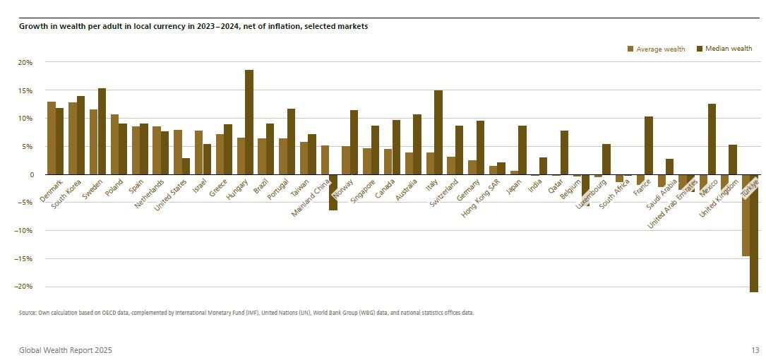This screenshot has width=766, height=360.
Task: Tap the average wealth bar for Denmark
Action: tap(51, 138)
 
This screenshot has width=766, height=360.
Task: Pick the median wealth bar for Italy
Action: tap(438, 132)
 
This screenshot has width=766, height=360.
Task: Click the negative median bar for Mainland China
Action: tap(333, 192)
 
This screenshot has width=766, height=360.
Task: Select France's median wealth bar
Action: tap(649, 145)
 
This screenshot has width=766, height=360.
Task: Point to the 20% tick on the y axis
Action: tap(25, 62)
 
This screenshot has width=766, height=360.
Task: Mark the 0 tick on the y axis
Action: tap(30, 174)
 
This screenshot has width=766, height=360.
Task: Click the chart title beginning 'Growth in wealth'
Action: tap(192, 26)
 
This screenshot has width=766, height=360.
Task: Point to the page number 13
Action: tap(755, 350)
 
